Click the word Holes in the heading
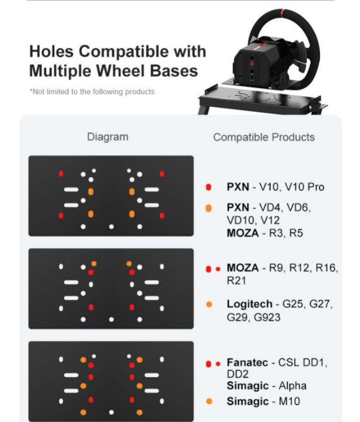coord(51,51)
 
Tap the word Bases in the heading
coord(174,71)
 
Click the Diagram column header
coord(108,137)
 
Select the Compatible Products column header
coord(264,137)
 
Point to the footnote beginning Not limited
coord(92,92)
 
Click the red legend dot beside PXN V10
coord(208,187)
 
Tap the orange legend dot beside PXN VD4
coord(208,208)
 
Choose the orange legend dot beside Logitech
coord(209,304)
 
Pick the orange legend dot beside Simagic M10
coord(209,401)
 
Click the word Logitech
coord(250,304)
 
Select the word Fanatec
coord(247,363)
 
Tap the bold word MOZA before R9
coord(243,268)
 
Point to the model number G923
coord(267,318)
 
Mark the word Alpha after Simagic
coord(293,386)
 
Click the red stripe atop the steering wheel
coord(283,11)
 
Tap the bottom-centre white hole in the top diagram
coord(111,227)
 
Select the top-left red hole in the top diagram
coord(61,174)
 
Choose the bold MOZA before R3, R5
coord(243,233)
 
